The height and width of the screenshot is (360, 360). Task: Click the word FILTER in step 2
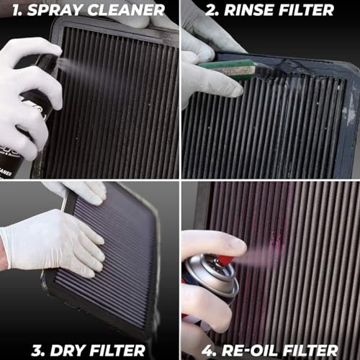coord(304,10)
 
